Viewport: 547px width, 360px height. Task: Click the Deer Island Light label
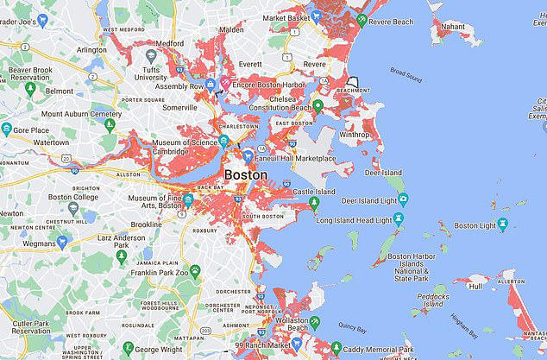(x=350, y=201)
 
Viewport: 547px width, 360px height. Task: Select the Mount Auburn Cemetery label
(x=81, y=113)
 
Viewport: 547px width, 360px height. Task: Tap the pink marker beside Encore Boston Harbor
(x=226, y=84)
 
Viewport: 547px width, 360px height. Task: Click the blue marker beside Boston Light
(x=504, y=226)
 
